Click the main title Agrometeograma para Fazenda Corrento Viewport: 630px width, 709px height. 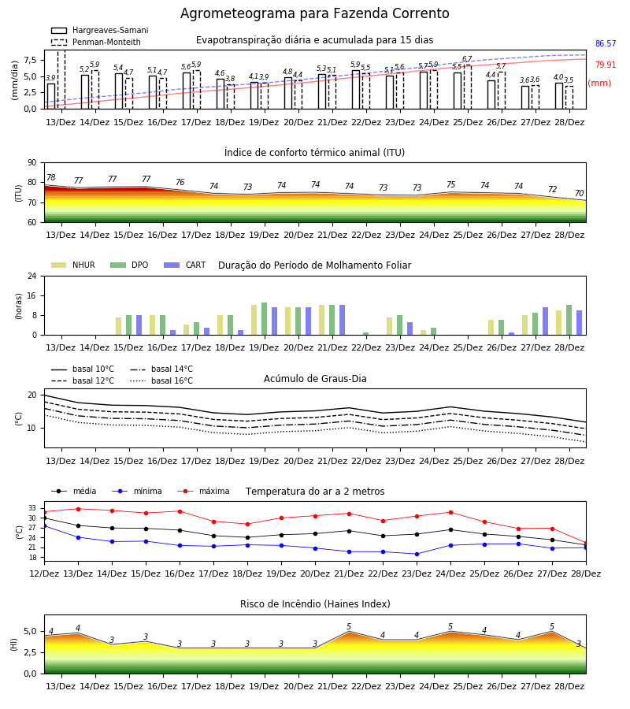point(314,13)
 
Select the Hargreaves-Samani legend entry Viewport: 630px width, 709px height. point(100,30)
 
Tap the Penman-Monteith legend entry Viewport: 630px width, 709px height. point(96,42)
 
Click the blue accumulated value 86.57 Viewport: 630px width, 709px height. point(606,43)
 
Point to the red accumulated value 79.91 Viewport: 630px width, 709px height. point(606,65)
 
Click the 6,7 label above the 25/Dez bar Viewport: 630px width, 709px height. point(467,59)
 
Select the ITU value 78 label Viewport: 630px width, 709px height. point(51,178)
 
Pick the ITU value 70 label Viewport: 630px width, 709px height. point(579,193)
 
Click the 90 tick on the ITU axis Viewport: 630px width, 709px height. point(32,163)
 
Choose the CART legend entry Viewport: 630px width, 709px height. point(184,265)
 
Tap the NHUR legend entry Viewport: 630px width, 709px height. point(73,265)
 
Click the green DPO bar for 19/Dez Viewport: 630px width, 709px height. point(265,319)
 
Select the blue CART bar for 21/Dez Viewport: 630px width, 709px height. point(342,320)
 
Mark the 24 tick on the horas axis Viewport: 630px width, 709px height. point(32,276)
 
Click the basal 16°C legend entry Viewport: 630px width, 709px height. point(161,380)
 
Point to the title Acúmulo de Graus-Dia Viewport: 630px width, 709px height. point(315,378)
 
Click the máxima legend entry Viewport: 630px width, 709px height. point(203,491)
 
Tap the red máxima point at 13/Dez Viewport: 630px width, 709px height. point(78,509)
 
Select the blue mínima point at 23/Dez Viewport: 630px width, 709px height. point(417,554)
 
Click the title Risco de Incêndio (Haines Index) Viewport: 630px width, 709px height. point(315,604)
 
